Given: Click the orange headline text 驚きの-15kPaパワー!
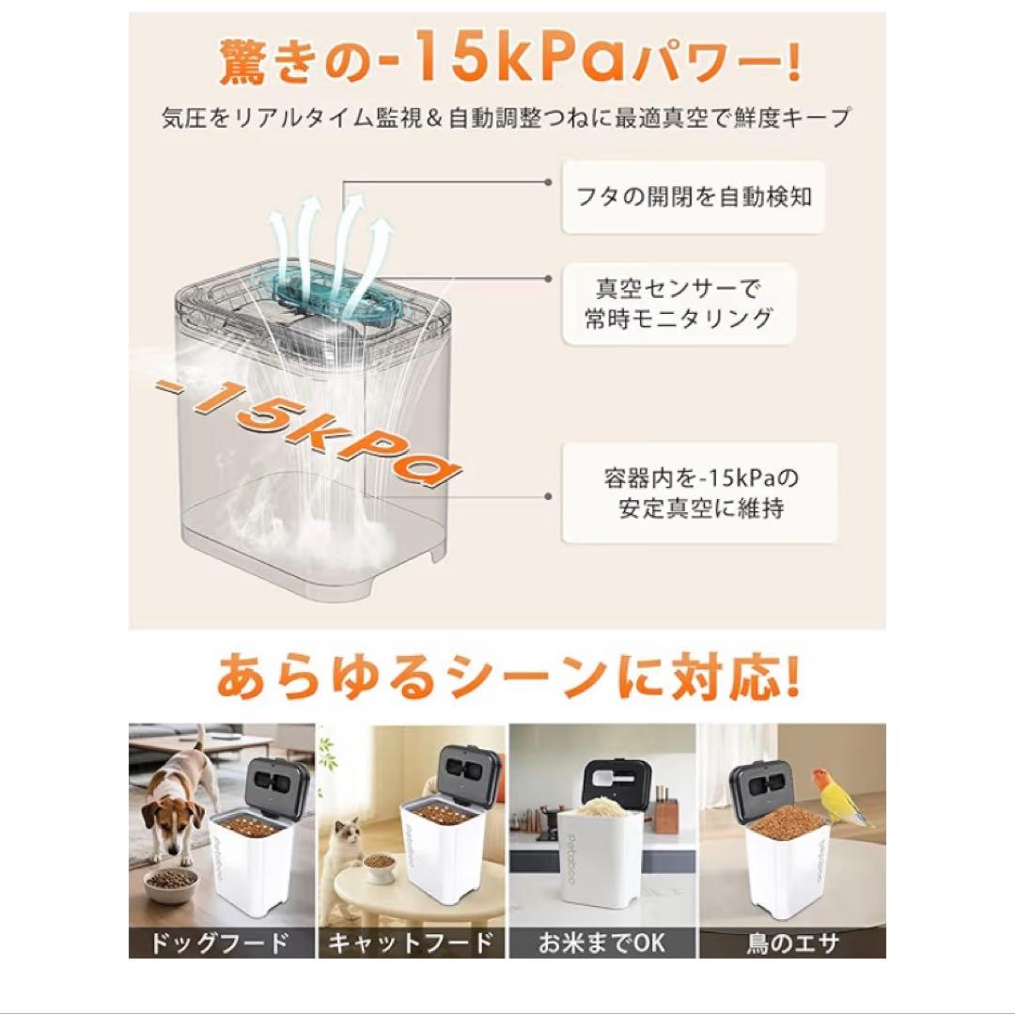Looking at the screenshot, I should [508, 62].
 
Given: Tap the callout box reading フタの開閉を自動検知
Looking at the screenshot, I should [693, 197].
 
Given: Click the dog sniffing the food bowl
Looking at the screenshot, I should [179, 808].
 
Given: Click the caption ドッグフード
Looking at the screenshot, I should [223, 942].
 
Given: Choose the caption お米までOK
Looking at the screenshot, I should [601, 942].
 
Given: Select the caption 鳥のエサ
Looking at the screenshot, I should [791, 942].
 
